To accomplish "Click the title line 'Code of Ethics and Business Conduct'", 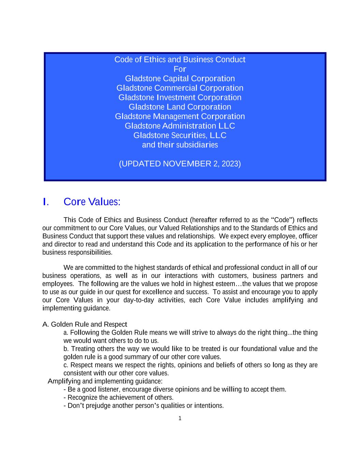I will coord(180,60).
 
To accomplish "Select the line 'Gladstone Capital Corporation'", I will coord(180,79).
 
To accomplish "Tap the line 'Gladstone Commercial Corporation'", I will coord(180,88).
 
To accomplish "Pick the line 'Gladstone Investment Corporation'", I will coord(180,98).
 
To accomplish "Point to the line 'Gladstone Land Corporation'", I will coord(180,107).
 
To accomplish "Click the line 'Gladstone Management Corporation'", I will coord(180,116).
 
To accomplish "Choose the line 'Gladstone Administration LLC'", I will coord(180,126).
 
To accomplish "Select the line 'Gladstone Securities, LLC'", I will coord(180,136).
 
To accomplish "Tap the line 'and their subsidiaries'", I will coord(180,145).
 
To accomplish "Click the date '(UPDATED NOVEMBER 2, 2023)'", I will coord(180,164).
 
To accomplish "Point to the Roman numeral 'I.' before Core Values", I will coord(46,202).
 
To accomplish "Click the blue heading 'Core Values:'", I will coord(92,202).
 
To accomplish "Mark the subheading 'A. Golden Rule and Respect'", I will coord(85,324).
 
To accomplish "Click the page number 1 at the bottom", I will coord(180,419).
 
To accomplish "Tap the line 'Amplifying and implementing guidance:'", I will coord(105,381).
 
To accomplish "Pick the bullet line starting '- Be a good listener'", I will coord(175,390).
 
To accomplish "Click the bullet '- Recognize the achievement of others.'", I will coord(118,398).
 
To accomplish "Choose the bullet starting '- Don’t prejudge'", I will coord(144,406).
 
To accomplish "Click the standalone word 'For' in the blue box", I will coord(180,69).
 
